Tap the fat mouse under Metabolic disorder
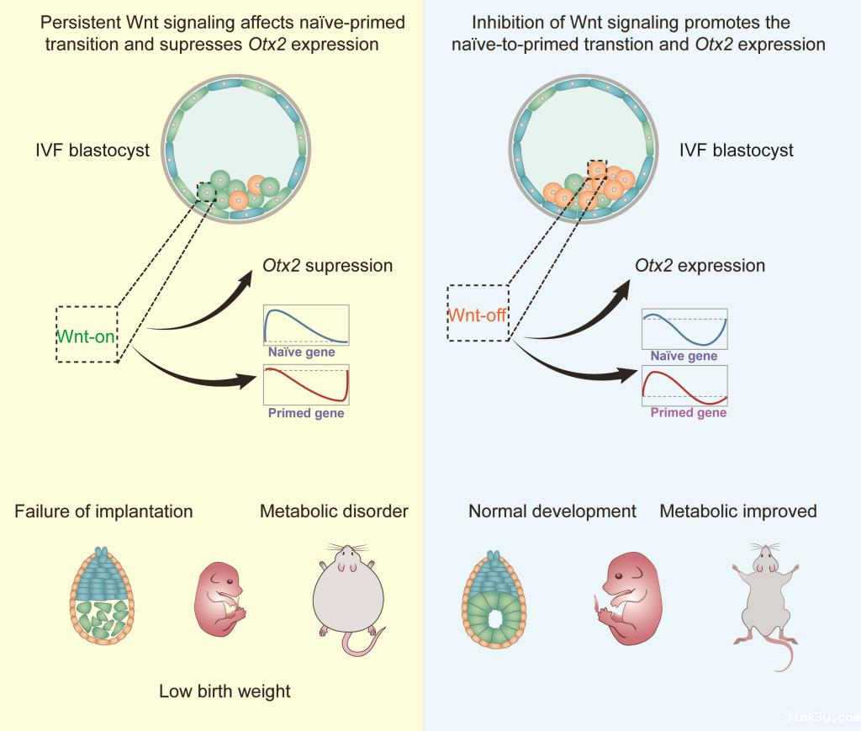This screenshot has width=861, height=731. click(x=345, y=597)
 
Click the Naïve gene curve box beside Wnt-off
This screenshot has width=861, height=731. click(x=684, y=328)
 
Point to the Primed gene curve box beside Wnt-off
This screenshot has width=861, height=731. click(x=684, y=386)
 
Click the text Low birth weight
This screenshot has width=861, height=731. click(x=224, y=691)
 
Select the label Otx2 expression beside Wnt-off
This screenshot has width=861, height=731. click(x=700, y=266)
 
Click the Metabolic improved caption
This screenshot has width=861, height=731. click(x=738, y=511)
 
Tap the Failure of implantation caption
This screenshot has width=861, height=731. click(x=103, y=511)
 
